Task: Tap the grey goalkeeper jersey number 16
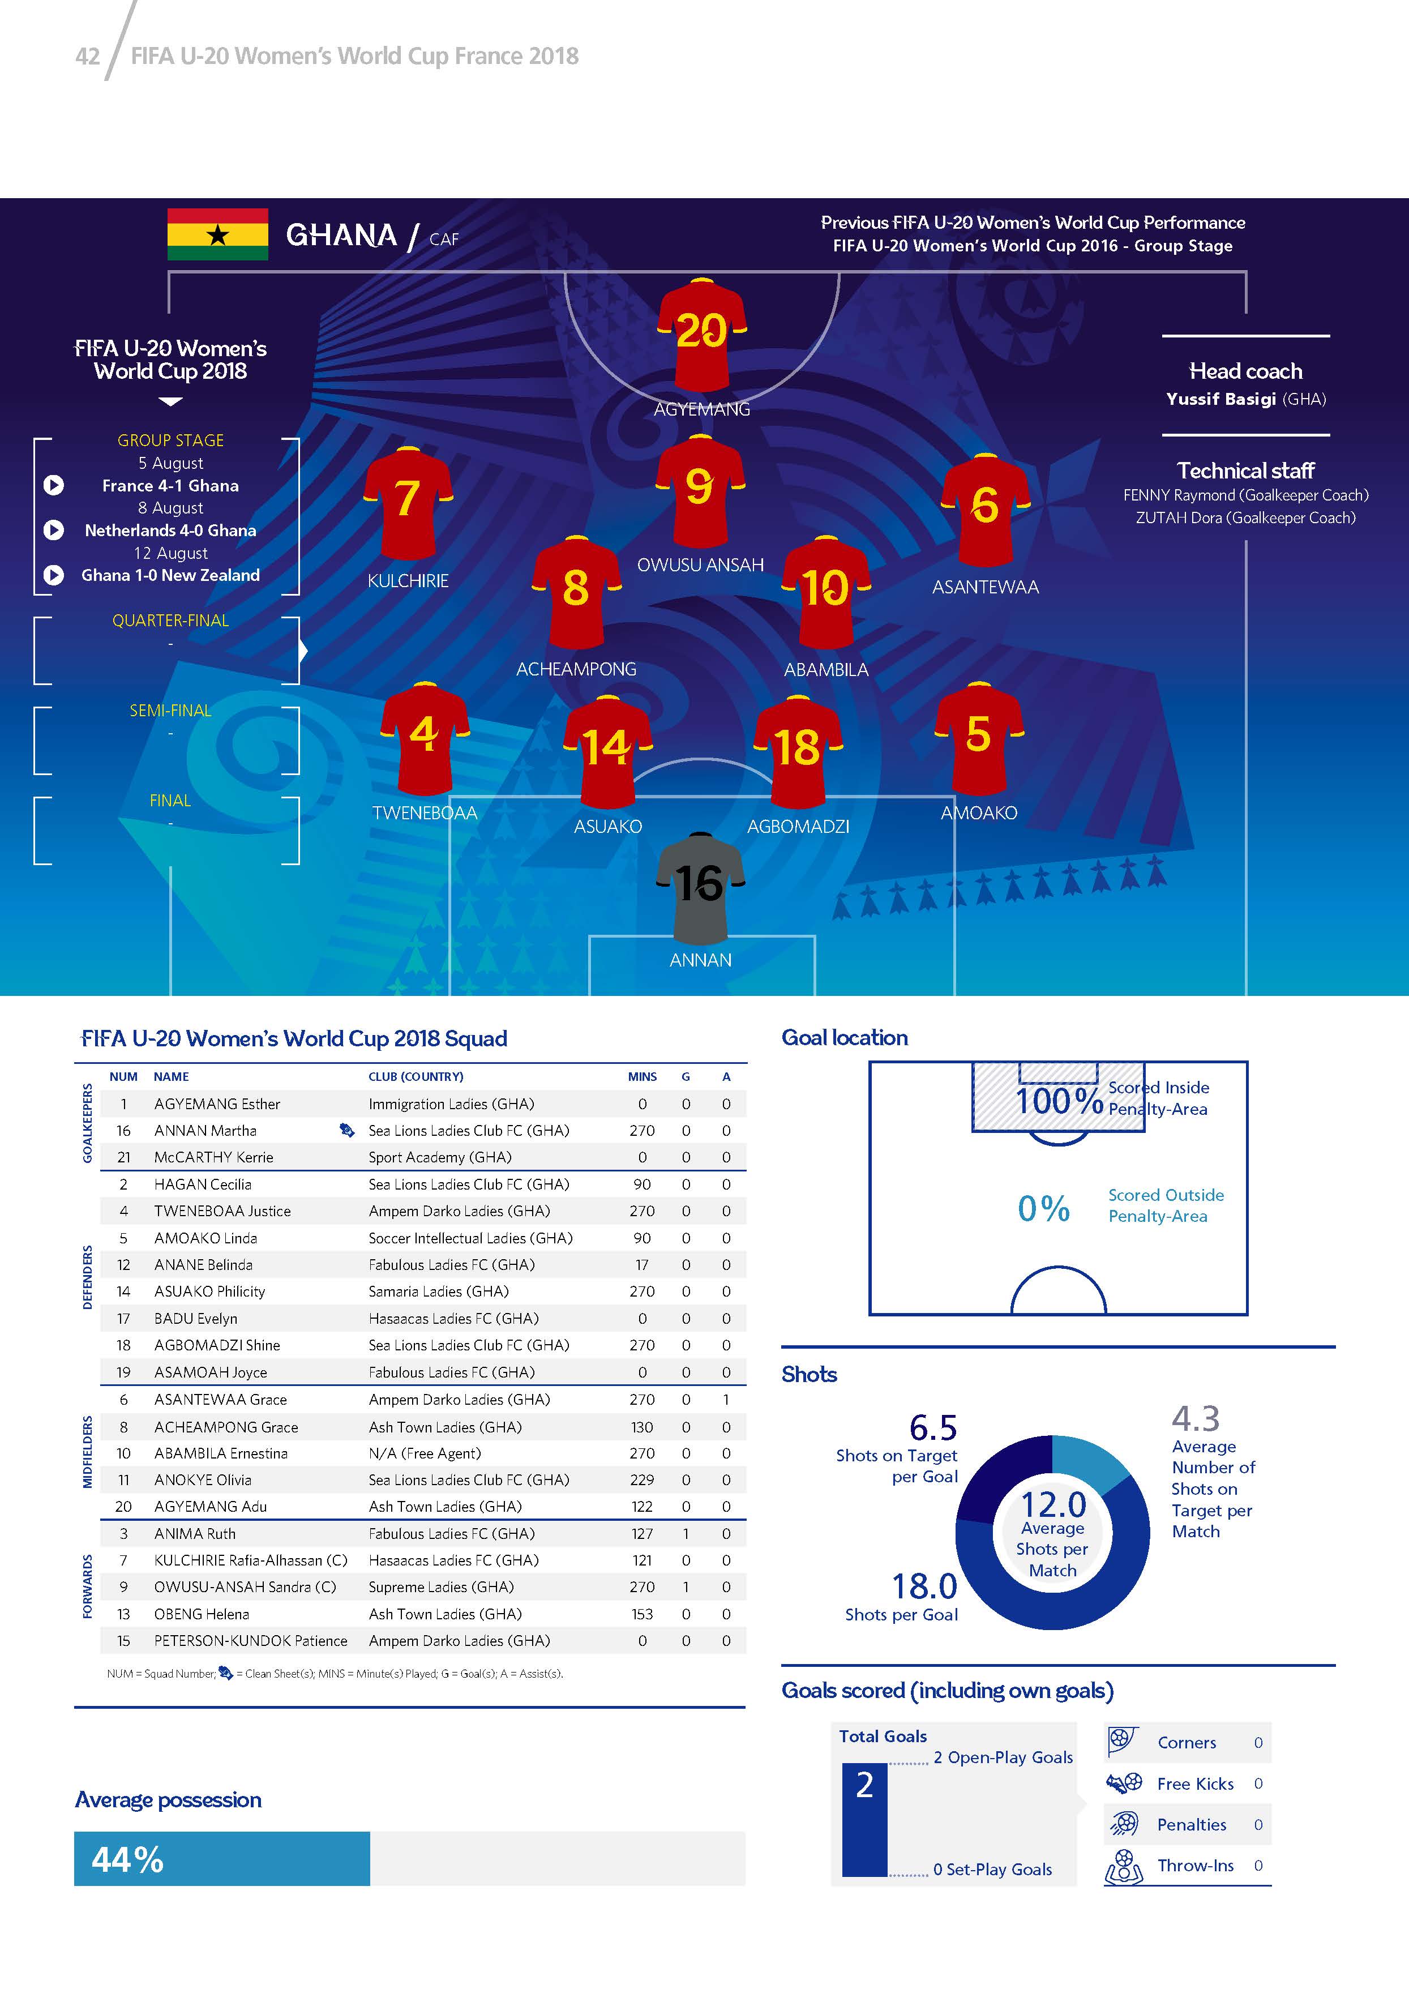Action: pyautogui.click(x=699, y=887)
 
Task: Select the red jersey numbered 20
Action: pyautogui.click(x=701, y=334)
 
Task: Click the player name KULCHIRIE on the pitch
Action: pyautogui.click(x=408, y=581)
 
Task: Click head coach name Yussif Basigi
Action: pyautogui.click(x=1220, y=399)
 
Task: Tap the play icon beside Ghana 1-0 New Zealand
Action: pyautogui.click(x=54, y=575)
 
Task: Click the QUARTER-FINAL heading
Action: pyautogui.click(x=170, y=621)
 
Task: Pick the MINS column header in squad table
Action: pyautogui.click(x=642, y=1076)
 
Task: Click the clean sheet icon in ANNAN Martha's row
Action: pyautogui.click(x=347, y=1130)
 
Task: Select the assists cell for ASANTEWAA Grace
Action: pyautogui.click(x=726, y=1399)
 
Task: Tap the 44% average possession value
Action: pyautogui.click(x=127, y=1859)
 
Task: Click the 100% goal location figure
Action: pyautogui.click(x=1059, y=1101)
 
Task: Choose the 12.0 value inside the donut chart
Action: pyautogui.click(x=1052, y=1504)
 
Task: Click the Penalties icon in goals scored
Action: pyautogui.click(x=1124, y=1824)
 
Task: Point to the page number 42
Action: pyautogui.click(x=88, y=57)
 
